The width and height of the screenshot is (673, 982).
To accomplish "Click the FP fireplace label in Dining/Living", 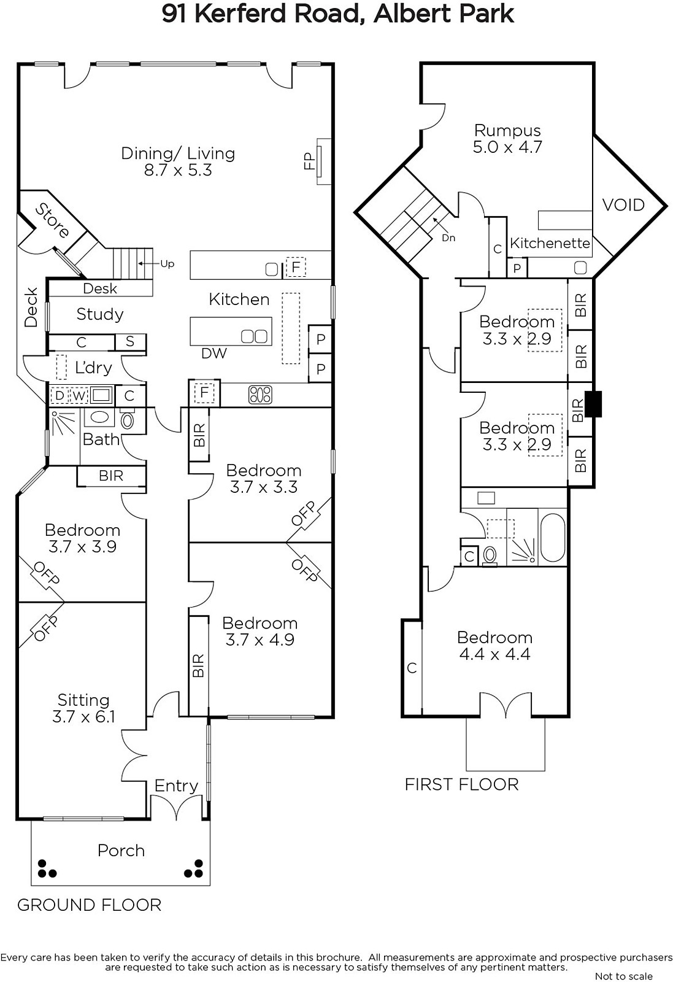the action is tap(309, 161).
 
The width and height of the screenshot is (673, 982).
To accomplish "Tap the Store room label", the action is tap(52, 220).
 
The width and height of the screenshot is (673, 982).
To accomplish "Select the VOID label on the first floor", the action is tap(623, 205).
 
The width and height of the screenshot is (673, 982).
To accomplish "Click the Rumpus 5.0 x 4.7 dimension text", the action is tap(507, 147).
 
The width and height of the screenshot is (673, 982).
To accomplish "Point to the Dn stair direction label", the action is tap(448, 238).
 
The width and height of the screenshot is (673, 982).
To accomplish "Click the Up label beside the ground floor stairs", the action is tap(167, 263).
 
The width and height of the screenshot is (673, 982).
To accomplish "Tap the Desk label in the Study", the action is tap(100, 288).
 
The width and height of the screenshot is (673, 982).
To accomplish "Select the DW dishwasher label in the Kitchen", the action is tap(214, 353).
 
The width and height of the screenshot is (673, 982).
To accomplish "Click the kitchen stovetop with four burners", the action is tap(260, 394).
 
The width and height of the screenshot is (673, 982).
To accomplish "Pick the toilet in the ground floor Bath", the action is tap(127, 420).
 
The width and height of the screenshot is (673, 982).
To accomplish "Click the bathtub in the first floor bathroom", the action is tap(553, 538).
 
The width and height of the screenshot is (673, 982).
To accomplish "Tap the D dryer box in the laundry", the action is tap(60, 395).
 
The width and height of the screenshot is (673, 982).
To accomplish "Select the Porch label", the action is tap(121, 851).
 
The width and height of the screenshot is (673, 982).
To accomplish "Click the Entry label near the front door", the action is tap(176, 786).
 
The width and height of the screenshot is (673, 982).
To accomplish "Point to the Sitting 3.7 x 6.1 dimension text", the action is tap(83, 717).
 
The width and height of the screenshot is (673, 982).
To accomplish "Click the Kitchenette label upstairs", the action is tap(550, 243).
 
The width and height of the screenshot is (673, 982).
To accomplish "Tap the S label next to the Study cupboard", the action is tap(129, 341).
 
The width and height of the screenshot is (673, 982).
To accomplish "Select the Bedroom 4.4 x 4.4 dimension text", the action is tap(494, 654).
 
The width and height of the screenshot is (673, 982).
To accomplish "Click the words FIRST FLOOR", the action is tap(461, 785).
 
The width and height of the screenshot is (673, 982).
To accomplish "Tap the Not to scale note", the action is tap(623, 976).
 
